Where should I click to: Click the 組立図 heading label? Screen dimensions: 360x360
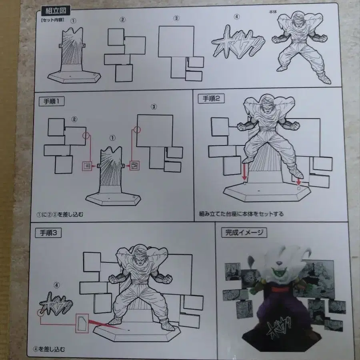coord(56,11)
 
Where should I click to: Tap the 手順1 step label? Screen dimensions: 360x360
coord(52,101)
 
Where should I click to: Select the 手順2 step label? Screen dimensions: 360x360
coord(211,98)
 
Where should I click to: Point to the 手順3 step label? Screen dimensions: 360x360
coord(48,233)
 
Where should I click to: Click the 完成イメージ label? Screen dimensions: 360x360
coord(244,232)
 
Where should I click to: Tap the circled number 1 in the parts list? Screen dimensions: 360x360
coord(73,21)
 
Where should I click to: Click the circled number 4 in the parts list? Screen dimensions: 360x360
coord(236,16)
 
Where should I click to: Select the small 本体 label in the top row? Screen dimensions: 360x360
coord(273,12)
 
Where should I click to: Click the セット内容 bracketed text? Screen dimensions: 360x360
coord(52,20)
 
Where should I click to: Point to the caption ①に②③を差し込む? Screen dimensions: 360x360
coord(60,214)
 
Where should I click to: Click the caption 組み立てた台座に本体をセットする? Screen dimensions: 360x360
coord(241,214)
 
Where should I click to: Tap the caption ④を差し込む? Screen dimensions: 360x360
coord(49,349)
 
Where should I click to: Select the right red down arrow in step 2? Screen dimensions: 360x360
coord(298,181)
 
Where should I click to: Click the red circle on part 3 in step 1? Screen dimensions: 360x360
coord(137,130)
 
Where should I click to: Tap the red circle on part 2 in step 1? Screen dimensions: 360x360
coord(86,135)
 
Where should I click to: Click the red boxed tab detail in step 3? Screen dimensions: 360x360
coord(82,323)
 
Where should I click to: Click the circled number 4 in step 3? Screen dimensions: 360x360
coord(56,285)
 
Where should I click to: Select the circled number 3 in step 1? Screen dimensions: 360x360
coord(154,107)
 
